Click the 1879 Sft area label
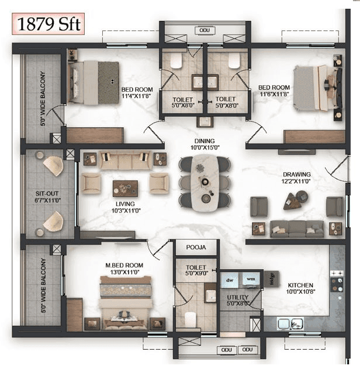[47, 25]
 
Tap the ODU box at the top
[203, 30]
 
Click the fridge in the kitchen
[271, 279]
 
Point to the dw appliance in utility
[229, 280]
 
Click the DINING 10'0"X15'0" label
[204, 144]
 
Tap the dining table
[204, 182]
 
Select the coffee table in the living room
[124, 187]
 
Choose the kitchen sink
[289, 322]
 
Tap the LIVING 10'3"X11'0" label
[123, 207]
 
